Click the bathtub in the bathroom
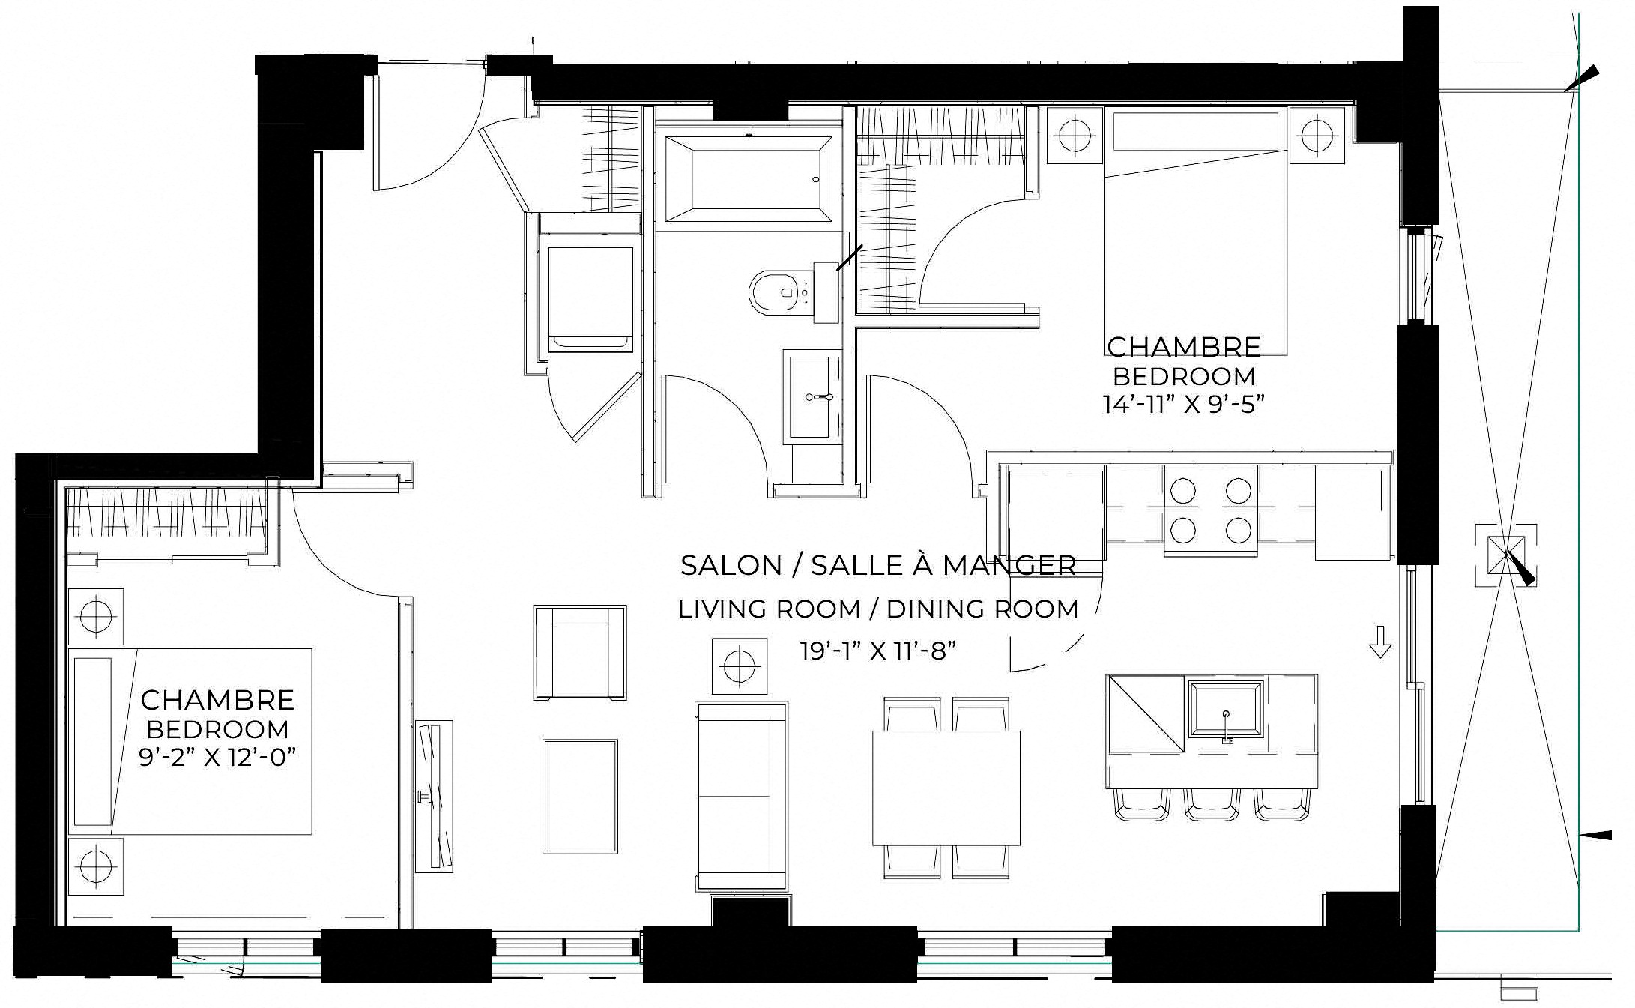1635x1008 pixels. click(x=747, y=178)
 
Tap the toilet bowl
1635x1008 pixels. click(x=775, y=292)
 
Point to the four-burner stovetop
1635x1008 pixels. click(x=1210, y=511)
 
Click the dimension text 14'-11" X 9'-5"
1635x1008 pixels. click(x=1183, y=405)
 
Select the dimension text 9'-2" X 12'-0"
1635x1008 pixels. click(x=217, y=758)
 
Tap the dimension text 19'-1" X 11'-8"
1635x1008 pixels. click(x=878, y=651)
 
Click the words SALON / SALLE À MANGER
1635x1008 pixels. click(x=878, y=565)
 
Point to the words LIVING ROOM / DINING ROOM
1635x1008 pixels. click(x=878, y=609)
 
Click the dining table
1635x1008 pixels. click(x=946, y=788)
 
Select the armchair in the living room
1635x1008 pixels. click(x=580, y=653)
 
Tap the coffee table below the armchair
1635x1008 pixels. click(x=580, y=796)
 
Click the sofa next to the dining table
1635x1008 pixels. click(x=742, y=796)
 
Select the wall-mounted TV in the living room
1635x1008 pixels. click(x=435, y=796)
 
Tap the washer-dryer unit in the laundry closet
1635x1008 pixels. click(x=590, y=299)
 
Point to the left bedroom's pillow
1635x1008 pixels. click(x=93, y=742)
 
